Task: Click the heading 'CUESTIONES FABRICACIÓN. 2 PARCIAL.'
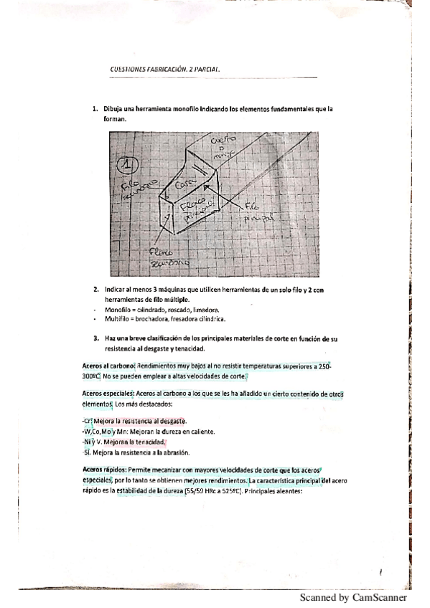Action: pos(164,70)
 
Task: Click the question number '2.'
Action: pos(95,289)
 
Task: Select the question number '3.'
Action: pos(95,337)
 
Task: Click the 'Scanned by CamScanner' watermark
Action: pos(353,597)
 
